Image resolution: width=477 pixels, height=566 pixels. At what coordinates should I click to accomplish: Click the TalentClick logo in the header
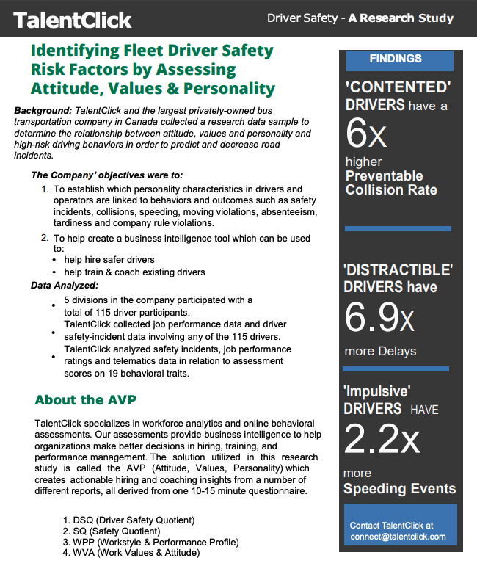[x=72, y=19]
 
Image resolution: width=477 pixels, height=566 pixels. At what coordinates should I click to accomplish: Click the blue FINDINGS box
[x=395, y=59]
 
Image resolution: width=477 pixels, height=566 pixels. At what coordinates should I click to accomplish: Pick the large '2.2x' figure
[x=382, y=438]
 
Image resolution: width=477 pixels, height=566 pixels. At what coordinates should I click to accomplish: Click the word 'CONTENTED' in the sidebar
[x=398, y=87]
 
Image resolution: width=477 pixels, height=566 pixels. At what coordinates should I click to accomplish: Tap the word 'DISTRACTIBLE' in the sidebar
[x=398, y=269]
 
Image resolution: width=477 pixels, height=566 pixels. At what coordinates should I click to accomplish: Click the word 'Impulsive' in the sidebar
[x=377, y=391]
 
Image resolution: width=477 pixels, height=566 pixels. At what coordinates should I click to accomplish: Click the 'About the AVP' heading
[x=85, y=400]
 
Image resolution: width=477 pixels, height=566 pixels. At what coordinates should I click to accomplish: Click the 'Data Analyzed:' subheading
[x=65, y=285]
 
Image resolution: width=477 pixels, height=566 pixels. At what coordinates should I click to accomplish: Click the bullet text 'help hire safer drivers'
[x=109, y=260]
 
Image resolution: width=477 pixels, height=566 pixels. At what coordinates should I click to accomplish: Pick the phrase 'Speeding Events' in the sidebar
[x=399, y=489]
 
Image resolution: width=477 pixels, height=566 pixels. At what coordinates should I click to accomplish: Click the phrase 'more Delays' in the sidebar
[x=380, y=351]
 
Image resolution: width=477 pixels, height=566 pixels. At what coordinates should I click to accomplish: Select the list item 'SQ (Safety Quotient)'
[x=116, y=531]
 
